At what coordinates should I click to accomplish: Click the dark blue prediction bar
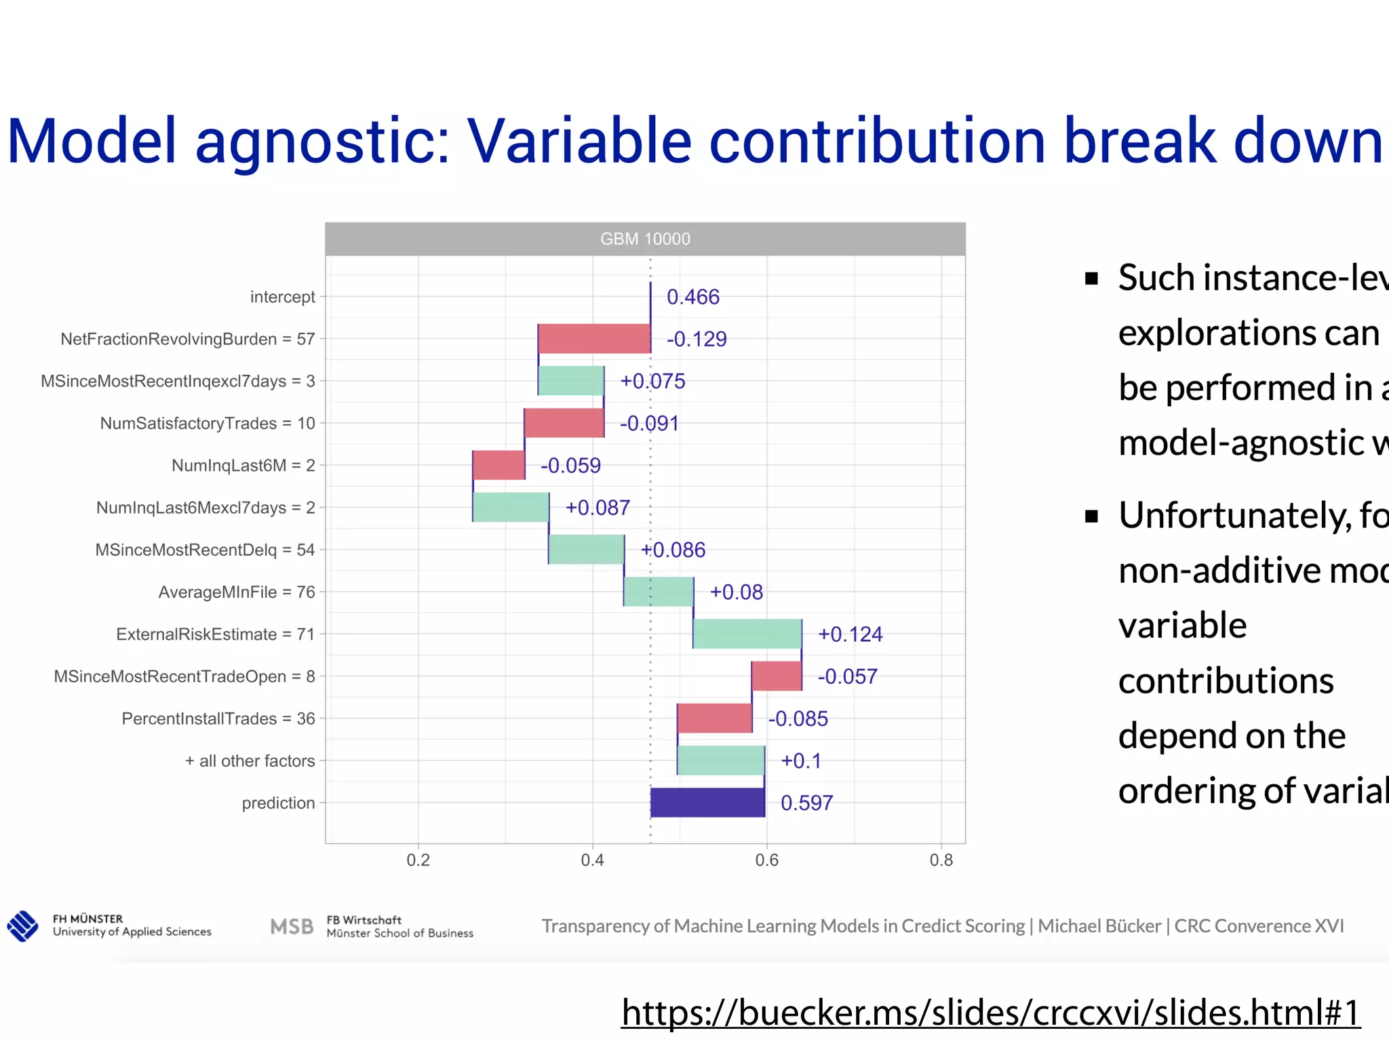(x=707, y=802)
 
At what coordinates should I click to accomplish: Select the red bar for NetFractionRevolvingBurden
(x=594, y=339)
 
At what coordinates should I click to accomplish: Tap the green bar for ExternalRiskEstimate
(x=747, y=634)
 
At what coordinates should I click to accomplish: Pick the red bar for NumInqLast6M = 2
(x=498, y=465)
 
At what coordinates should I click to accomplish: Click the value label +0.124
(x=850, y=634)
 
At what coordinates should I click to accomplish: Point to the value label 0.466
(x=692, y=297)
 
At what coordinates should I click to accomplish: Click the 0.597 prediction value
(x=806, y=803)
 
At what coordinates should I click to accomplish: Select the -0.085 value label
(x=798, y=718)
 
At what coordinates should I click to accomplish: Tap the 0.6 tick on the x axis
(x=767, y=860)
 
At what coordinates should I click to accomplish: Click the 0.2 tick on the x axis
(x=418, y=860)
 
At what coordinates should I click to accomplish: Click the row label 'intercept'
(x=282, y=297)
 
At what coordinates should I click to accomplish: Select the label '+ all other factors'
(x=250, y=760)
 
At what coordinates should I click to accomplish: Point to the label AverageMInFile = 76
(x=237, y=592)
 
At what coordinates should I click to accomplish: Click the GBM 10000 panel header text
(x=645, y=239)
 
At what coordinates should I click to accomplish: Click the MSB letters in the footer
(x=292, y=926)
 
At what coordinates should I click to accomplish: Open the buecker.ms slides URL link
(x=990, y=1013)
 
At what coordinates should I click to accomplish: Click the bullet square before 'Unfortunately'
(x=1091, y=517)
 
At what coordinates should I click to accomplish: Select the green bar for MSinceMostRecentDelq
(x=586, y=550)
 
